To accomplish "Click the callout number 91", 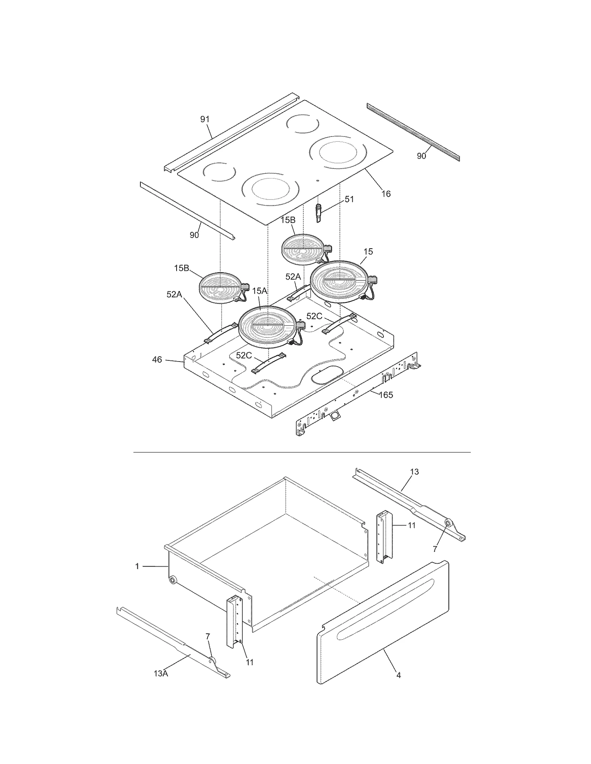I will (205, 119).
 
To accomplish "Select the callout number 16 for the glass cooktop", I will (386, 194).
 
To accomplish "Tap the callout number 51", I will (349, 199).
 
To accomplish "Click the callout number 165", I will (386, 395).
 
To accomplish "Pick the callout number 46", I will (157, 359).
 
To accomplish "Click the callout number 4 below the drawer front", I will (398, 675).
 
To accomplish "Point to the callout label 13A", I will (161, 674).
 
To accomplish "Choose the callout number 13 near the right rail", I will (414, 471).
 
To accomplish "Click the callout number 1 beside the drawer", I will (137, 566).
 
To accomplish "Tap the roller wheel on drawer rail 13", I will (447, 523).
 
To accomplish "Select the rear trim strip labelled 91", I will (229, 133).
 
